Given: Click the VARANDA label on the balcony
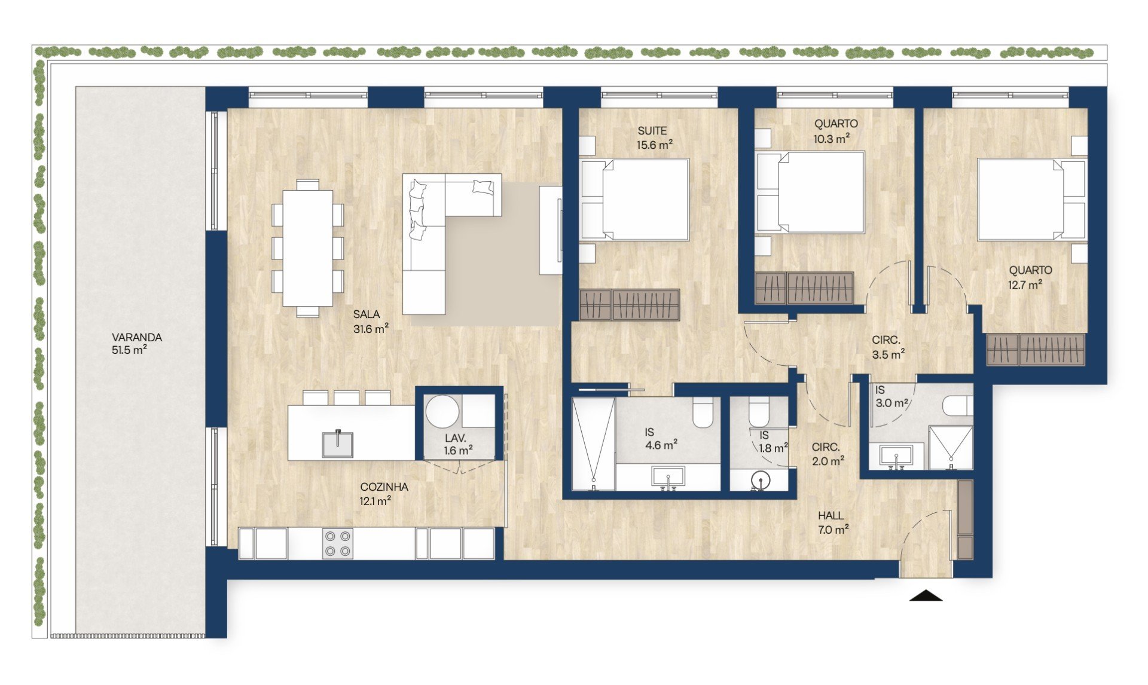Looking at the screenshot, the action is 137,337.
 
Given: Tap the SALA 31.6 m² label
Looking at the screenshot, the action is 371,322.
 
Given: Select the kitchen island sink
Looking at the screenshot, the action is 338,444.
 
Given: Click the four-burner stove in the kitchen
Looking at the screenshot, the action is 338,544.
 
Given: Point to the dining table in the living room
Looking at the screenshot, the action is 308,247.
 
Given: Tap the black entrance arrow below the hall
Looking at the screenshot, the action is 926,595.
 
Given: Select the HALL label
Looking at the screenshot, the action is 831,515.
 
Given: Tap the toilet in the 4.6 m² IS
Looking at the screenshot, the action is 703,412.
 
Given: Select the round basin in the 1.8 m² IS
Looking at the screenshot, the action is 760,480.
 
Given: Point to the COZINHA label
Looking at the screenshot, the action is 384,487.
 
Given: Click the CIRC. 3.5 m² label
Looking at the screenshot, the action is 887,347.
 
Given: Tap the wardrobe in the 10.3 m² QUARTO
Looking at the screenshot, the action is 804,289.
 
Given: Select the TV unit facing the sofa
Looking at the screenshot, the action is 551,230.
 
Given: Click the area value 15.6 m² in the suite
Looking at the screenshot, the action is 654,145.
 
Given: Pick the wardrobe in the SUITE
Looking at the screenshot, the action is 630,305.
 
